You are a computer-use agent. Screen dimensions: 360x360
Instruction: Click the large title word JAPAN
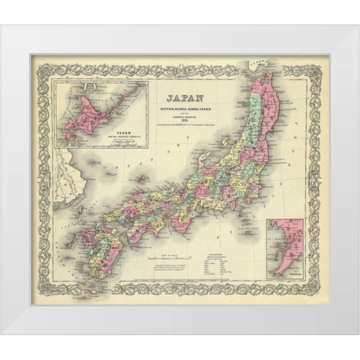[x=180, y=97]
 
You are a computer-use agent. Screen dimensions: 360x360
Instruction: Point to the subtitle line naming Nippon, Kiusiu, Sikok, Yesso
[x=180, y=109]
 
